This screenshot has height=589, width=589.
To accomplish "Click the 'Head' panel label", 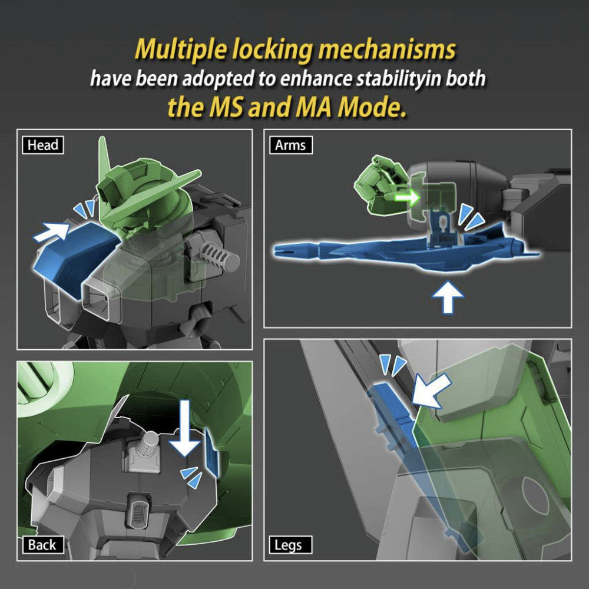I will pos(42,145).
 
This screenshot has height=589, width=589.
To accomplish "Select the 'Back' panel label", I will pos(42,544).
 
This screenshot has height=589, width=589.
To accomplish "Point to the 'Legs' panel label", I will pos(288,545).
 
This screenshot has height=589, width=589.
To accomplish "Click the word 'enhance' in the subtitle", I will pos(305,80).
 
